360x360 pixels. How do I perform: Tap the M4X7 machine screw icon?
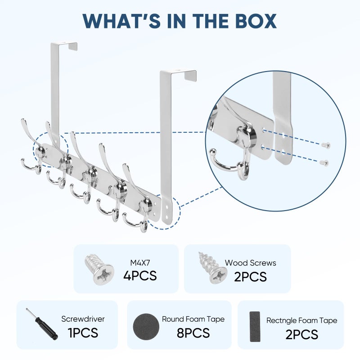pyautogui.click(x=99, y=269)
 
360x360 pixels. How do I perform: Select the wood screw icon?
pyautogui.click(x=212, y=268)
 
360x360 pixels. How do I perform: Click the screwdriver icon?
pyautogui.click(x=41, y=324)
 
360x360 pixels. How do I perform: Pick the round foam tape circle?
pyautogui.click(x=146, y=327)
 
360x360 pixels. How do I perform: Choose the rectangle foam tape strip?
pyautogui.click(x=255, y=327)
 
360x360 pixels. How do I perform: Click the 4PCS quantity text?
pyautogui.click(x=140, y=275)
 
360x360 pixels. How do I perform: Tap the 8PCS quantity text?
pyautogui.click(x=193, y=333)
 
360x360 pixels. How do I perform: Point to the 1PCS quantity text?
pyautogui.click(x=83, y=333)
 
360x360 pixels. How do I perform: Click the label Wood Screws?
pyautogui.click(x=251, y=263)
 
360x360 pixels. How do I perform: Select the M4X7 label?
pyautogui.click(x=140, y=263)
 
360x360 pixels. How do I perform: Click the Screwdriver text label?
pyautogui.click(x=83, y=319)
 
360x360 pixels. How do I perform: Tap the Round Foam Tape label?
pyautogui.click(x=193, y=319)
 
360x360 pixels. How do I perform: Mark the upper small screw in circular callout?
pyautogui.click(x=326, y=145)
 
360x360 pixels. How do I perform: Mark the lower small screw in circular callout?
pyautogui.click(x=324, y=162)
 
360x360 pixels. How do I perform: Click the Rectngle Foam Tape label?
pyautogui.click(x=301, y=320)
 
